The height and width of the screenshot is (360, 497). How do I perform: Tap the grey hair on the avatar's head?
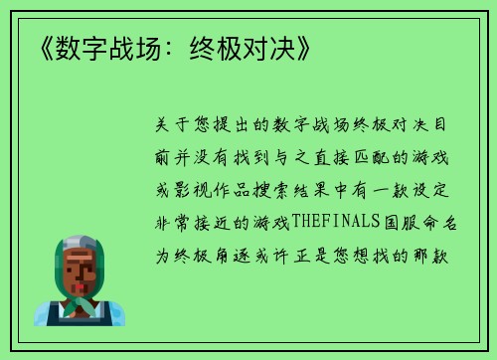tap(80, 244)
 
